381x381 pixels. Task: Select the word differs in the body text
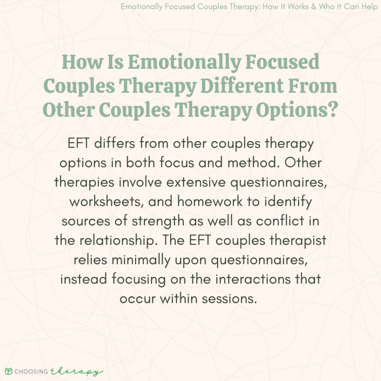[x=116, y=144]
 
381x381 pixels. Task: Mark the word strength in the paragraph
[x=169, y=221]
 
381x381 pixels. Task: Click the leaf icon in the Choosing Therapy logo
[x=8, y=372]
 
